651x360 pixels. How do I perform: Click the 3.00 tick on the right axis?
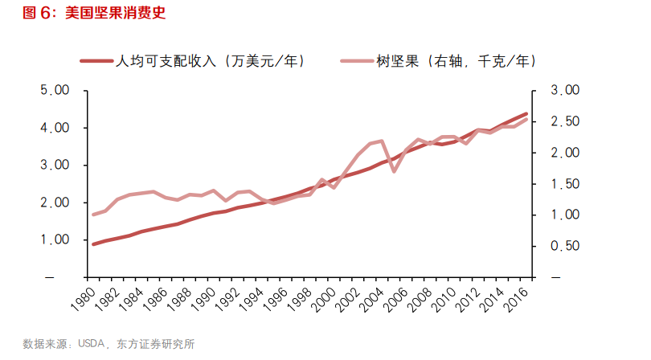564,91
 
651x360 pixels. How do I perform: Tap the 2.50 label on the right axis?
564,121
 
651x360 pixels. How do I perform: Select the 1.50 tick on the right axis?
564,184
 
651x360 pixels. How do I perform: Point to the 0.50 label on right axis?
564,247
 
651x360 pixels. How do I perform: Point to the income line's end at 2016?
526,114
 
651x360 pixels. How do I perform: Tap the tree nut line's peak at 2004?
382,141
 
